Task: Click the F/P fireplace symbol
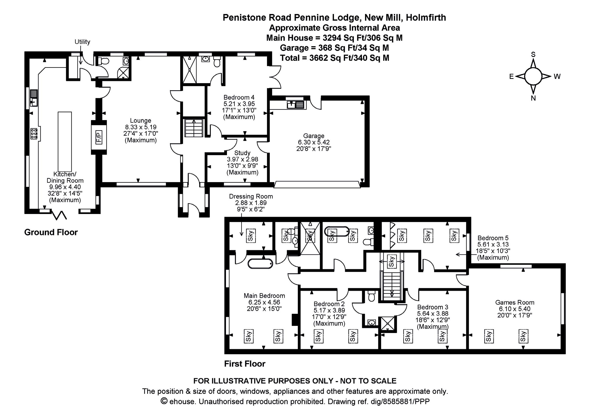pyautogui.click(x=99, y=137)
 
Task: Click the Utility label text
pyautogui.click(x=82, y=42)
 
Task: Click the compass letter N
pyautogui.click(x=533, y=98)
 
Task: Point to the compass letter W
pyautogui.click(x=557, y=77)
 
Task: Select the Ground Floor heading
pyautogui.click(x=51, y=232)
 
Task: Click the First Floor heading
pyautogui.click(x=245, y=364)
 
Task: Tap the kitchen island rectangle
pyautogui.click(x=65, y=142)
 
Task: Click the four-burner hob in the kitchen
pyautogui.click(x=34, y=134)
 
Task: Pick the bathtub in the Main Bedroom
pyautogui.click(x=260, y=264)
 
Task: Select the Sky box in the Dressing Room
pyautogui.click(x=250, y=236)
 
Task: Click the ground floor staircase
pyautogui.click(x=194, y=128)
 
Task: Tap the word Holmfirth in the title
pyautogui.click(x=426, y=17)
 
